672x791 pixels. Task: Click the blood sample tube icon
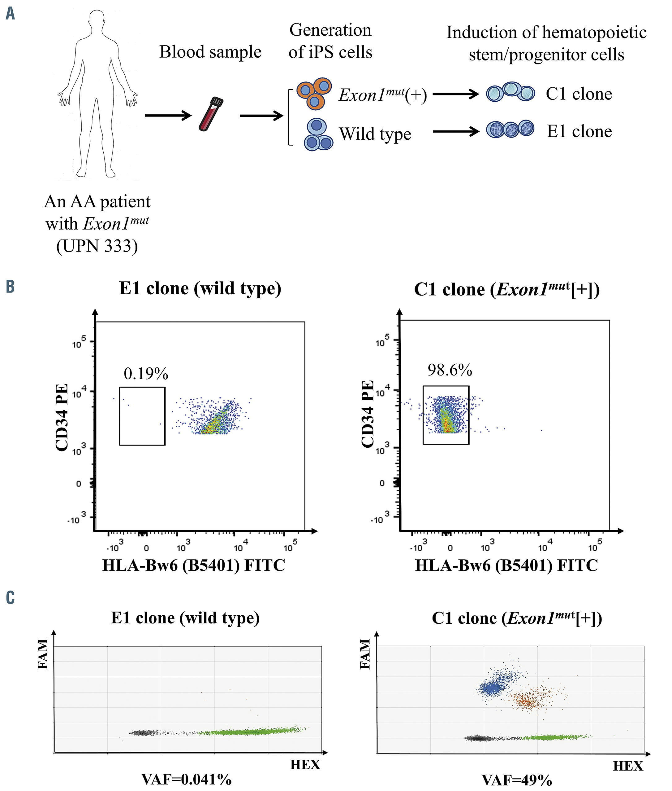click(x=211, y=114)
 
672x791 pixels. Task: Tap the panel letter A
click(x=10, y=13)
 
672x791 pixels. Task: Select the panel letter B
click(x=10, y=286)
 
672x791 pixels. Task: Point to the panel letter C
click(x=10, y=597)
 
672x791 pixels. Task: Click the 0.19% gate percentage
click(x=146, y=374)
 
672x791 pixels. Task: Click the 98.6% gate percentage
click(x=450, y=370)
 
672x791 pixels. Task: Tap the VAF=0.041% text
click(x=186, y=779)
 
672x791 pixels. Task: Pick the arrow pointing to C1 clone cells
click(x=456, y=94)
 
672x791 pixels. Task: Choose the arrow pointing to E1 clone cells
click(x=456, y=132)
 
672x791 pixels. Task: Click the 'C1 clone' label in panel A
click(x=579, y=94)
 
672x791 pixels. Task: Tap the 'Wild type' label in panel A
click(x=375, y=134)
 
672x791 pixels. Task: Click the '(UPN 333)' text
click(x=97, y=246)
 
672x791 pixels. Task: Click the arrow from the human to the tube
click(x=168, y=115)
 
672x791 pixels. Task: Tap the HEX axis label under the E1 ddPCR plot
click(x=305, y=765)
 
